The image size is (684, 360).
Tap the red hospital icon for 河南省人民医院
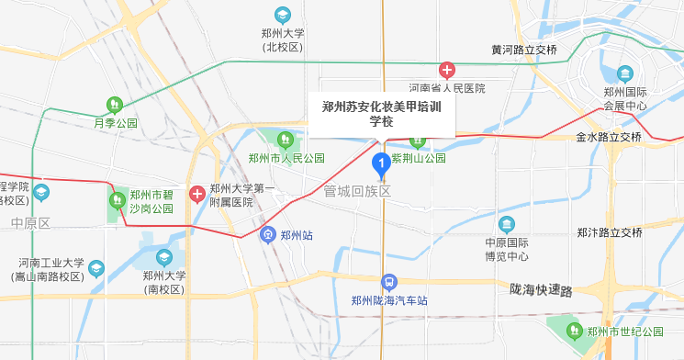[447, 70]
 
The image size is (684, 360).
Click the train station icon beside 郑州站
[267, 234]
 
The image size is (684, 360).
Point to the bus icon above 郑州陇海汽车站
[389, 282]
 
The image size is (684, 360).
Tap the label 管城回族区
[357, 191]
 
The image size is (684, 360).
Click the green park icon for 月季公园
[116, 106]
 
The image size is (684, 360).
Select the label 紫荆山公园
[419, 158]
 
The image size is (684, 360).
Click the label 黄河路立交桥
[523, 50]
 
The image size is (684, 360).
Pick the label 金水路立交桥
[609, 137]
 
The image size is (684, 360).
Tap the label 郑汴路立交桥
[609, 232]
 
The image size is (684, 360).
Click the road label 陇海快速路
[541, 290]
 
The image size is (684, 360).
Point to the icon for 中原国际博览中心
[507, 225]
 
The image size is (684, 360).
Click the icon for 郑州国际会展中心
[625, 73]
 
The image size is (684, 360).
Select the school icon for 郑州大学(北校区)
[284, 15]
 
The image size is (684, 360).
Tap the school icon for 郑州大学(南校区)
[164, 258]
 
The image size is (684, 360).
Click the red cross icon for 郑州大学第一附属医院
[197, 194]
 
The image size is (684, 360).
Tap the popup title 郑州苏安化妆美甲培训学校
[381, 114]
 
